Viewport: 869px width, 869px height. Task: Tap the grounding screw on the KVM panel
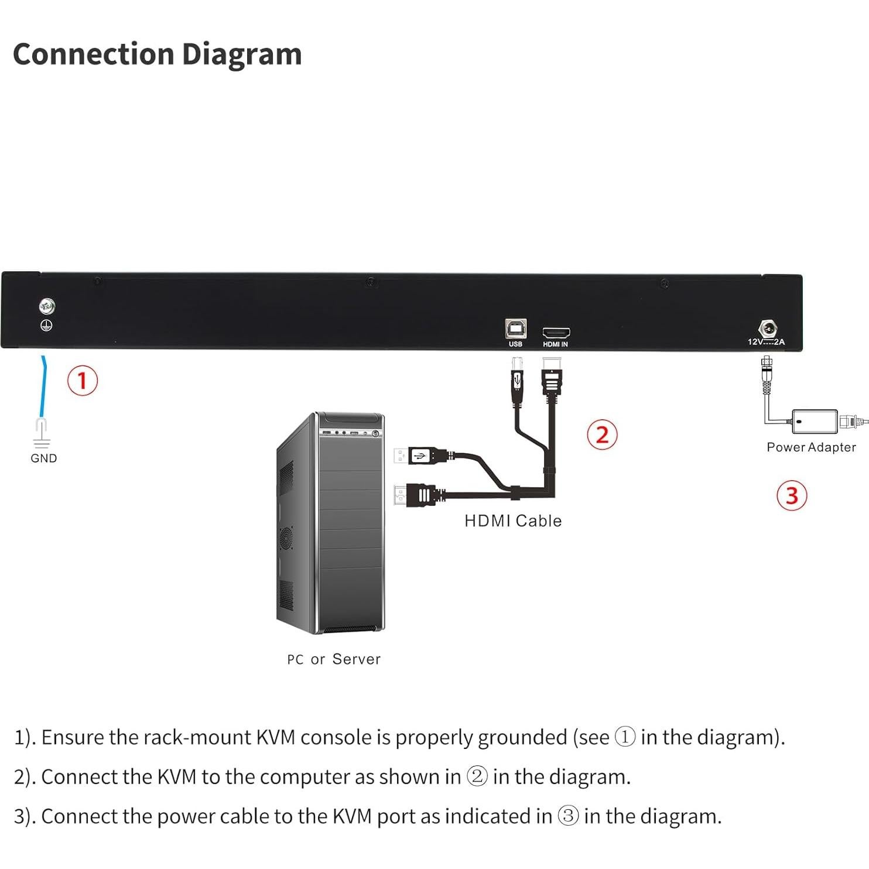click(x=47, y=306)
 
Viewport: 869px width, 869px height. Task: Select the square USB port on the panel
click(x=515, y=329)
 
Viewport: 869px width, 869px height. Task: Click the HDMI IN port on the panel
click(x=556, y=333)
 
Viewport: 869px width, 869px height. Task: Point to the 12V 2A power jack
click(x=767, y=329)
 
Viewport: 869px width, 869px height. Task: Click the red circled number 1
click(x=82, y=381)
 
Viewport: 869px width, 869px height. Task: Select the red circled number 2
click(x=602, y=435)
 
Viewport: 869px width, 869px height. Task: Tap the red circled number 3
click(x=792, y=495)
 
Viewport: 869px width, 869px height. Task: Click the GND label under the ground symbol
click(x=44, y=459)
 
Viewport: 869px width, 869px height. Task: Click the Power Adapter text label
click(x=811, y=447)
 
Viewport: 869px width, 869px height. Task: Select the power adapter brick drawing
click(x=815, y=422)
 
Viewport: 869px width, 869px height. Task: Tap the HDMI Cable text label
click(x=513, y=521)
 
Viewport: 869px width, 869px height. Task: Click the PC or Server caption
click(x=334, y=659)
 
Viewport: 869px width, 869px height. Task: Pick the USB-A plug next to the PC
click(x=420, y=456)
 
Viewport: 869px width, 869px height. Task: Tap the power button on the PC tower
click(x=375, y=433)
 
